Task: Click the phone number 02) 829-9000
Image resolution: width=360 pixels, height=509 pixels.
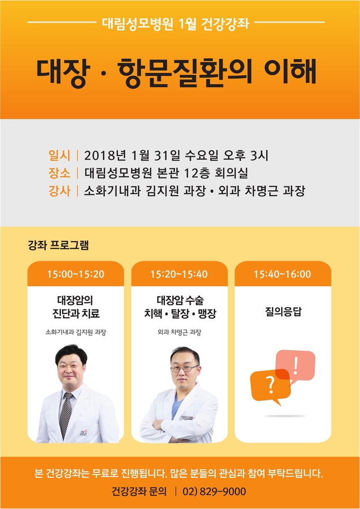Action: (x=214, y=491)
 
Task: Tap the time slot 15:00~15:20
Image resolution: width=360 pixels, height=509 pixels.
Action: (x=76, y=274)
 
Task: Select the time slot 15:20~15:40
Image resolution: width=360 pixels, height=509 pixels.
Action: (x=179, y=274)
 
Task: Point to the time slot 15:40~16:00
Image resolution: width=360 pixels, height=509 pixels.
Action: (x=283, y=274)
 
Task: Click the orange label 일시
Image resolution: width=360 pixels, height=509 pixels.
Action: (x=59, y=156)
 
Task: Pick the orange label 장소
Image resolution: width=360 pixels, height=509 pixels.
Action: (x=59, y=173)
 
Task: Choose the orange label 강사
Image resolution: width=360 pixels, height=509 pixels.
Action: (x=59, y=191)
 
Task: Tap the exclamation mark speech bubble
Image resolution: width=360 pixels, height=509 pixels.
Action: (x=295, y=365)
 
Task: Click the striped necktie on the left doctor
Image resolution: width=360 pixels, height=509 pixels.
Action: (x=66, y=415)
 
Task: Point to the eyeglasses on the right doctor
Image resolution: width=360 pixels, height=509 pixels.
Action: (x=184, y=368)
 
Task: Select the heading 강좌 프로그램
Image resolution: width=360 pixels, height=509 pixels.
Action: (x=58, y=245)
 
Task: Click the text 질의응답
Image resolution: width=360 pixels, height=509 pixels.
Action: (x=283, y=311)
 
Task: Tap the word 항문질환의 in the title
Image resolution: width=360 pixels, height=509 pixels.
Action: (x=185, y=72)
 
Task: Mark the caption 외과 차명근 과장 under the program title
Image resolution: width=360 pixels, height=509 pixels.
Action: (x=179, y=333)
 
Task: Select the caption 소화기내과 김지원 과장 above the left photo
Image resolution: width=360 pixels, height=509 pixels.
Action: (x=76, y=333)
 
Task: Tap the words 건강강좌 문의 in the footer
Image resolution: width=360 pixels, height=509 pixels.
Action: (x=139, y=491)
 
